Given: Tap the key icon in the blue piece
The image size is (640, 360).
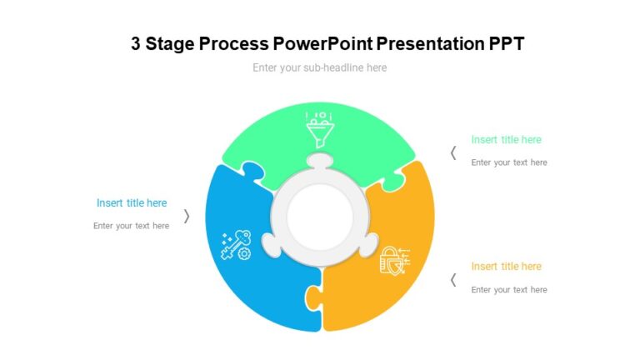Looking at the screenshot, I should (235, 244).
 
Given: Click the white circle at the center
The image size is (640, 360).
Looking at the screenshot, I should (319, 218).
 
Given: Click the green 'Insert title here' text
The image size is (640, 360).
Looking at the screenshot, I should (506, 140).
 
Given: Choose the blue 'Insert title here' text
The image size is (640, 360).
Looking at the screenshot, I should (132, 203).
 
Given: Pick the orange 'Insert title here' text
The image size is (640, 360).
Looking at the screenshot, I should (506, 267).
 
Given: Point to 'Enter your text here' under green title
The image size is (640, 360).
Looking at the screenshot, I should (508, 162).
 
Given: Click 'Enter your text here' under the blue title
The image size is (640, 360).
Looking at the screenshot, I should (131, 226).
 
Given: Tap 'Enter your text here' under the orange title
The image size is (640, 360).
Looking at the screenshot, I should (508, 290).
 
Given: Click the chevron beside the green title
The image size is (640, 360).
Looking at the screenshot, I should (453, 152).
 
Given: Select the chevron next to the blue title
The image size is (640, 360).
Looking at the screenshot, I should (187, 216).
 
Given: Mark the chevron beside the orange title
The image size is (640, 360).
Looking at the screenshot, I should (453, 280).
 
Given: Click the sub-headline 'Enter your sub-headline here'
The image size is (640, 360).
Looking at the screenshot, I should (319, 67).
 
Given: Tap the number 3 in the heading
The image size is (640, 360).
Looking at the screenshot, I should (136, 44).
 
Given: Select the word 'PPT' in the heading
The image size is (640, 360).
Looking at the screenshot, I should (506, 44).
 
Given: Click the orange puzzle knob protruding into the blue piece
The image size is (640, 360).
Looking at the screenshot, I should (312, 297).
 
